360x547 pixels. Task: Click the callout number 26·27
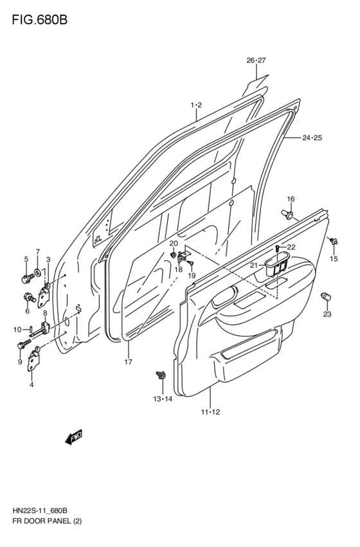point(256,60)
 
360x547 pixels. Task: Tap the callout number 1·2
point(196,105)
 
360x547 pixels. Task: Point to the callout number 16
point(291,199)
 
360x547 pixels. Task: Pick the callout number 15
point(334,258)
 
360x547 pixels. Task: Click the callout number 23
point(328,314)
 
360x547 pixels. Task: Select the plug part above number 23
point(326,296)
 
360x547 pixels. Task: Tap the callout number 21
point(253,265)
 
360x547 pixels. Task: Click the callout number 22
point(291,247)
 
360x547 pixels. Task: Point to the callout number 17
point(128,362)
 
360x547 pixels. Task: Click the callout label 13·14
point(163,399)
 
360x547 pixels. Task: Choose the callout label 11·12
point(210,412)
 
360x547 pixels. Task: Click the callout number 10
point(18,330)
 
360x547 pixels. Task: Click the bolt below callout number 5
point(27,279)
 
